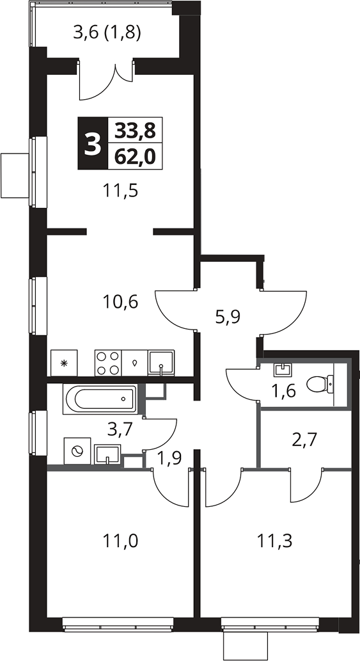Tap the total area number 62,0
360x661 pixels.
135,157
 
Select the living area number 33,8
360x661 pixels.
135,132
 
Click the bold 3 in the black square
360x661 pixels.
93,144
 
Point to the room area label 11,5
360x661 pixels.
121,191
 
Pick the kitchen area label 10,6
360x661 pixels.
121,302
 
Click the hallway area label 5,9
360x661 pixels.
228,316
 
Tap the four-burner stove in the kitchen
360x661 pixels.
108,363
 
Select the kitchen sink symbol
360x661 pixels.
161,362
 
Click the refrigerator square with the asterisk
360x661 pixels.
64,363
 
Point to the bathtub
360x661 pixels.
100,399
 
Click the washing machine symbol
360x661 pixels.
77,451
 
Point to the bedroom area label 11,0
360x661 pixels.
121,541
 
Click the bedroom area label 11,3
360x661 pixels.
274,541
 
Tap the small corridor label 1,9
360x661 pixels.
169,458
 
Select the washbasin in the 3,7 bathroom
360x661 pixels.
108,454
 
